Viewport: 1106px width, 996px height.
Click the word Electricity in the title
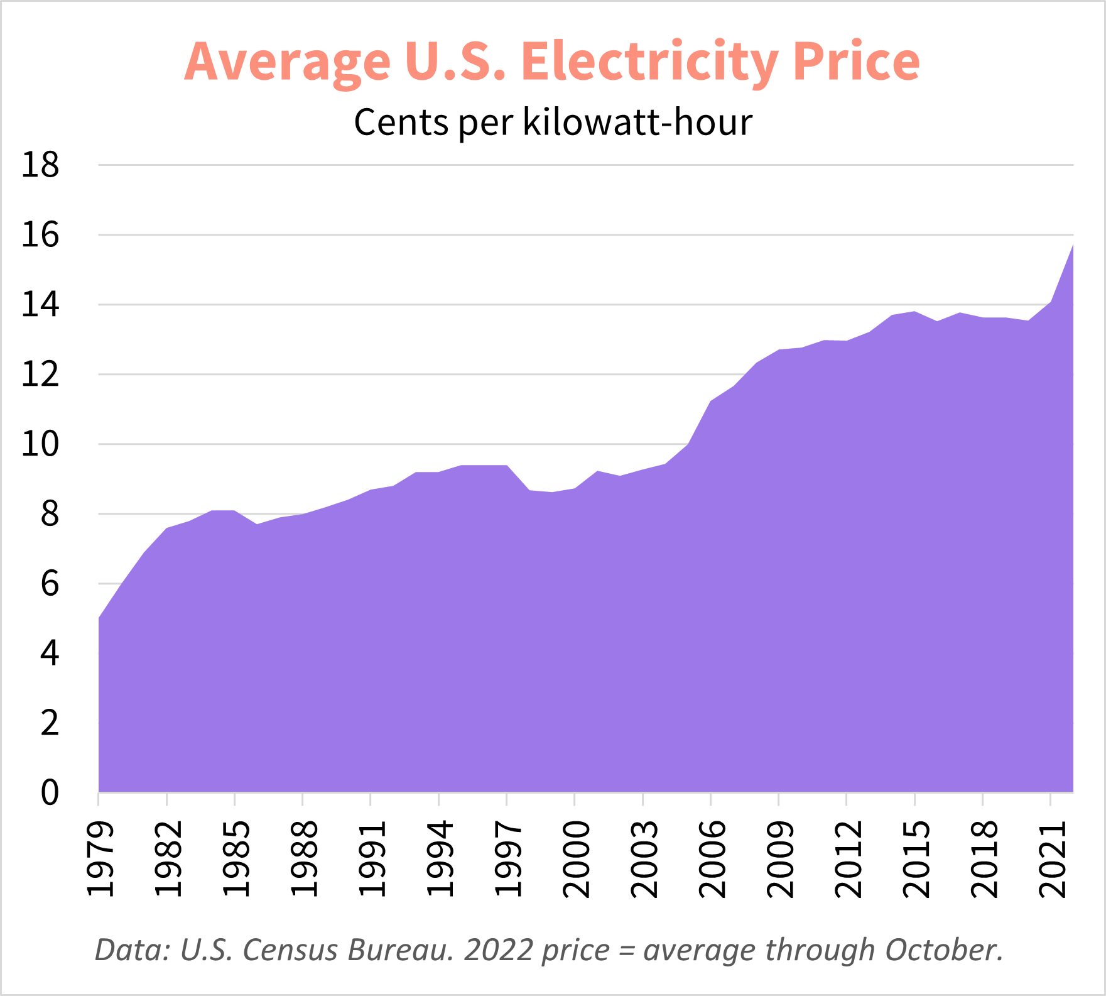[650, 62]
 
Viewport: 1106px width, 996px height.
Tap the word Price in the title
[856, 62]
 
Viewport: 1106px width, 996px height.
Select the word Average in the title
[287, 62]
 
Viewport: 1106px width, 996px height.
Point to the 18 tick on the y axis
[40, 165]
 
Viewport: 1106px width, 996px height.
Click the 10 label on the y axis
[40, 444]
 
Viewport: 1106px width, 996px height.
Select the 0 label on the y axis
[50, 792]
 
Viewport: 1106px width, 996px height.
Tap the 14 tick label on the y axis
[40, 305]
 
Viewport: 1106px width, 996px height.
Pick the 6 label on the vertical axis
[50, 584]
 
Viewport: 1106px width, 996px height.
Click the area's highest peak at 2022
[1071, 246]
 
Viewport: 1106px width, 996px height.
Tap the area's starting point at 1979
[99, 618]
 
